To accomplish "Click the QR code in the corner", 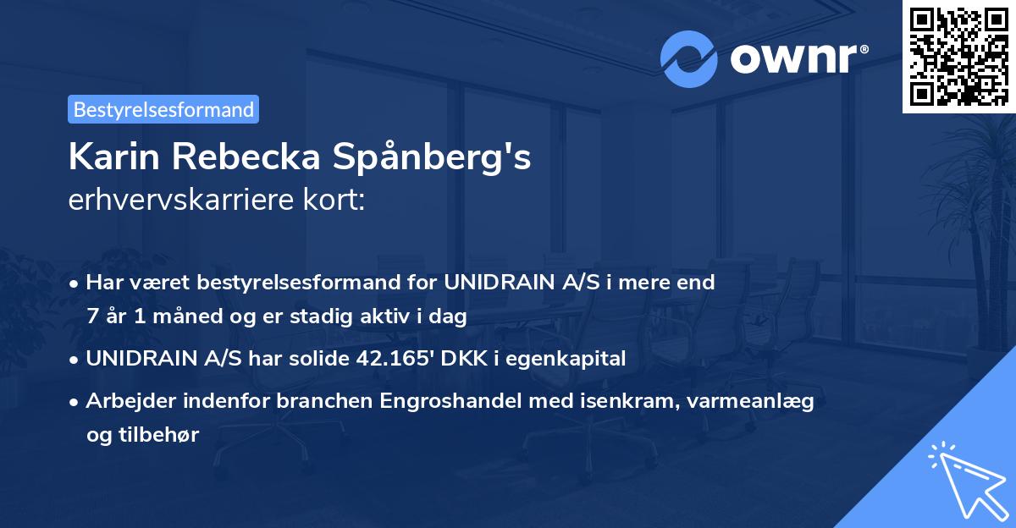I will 958,56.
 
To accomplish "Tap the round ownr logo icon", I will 688,59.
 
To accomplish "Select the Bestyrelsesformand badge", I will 163,109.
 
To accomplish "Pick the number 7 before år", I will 91,316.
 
